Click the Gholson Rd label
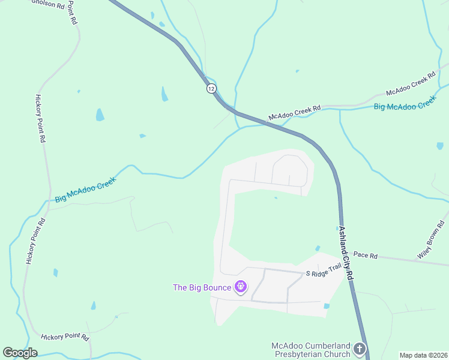pyautogui.click(x=47, y=5)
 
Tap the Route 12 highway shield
pyautogui.click(x=211, y=88)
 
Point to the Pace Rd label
pyautogui.click(x=365, y=256)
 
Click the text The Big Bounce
pyautogui.click(x=202, y=287)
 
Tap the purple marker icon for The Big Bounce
pyautogui.click(x=241, y=287)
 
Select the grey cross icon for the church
pyautogui.click(x=359, y=349)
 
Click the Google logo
pyautogui.click(x=20, y=353)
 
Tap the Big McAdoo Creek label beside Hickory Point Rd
pyautogui.click(x=86, y=190)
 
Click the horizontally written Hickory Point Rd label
pyautogui.click(x=65, y=337)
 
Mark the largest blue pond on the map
pyautogui.click(x=100, y=115)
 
